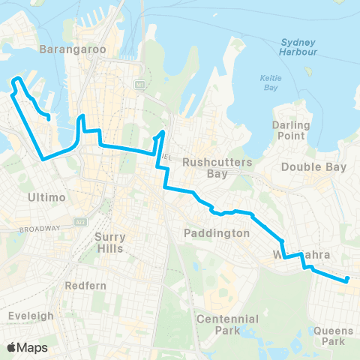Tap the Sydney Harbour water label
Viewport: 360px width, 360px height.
pos(298,46)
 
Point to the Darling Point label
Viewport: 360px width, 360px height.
pos(289,130)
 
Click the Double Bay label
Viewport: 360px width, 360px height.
pos(313,166)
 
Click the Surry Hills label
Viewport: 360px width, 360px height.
pos(110,241)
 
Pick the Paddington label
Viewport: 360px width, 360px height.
pos(217,233)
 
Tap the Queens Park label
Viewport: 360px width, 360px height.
pos(327,335)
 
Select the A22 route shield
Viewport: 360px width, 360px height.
pos(80,222)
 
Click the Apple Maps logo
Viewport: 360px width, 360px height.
pos(27,347)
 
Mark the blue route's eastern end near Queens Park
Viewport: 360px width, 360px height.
pos(347,280)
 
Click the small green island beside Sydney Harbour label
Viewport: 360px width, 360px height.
pos(308,71)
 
